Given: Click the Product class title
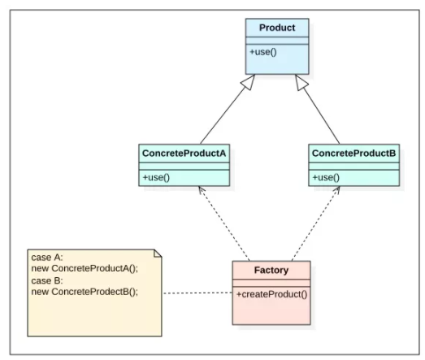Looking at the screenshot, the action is click(x=277, y=28).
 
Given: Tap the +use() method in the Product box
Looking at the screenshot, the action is click(x=263, y=52).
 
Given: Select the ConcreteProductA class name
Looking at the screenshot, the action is click(x=184, y=154).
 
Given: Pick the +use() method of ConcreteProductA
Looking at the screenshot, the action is click(x=156, y=177).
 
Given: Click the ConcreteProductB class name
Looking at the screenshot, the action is click(x=353, y=154).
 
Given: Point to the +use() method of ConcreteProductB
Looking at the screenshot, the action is click(x=326, y=177).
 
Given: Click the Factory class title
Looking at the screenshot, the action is click(x=271, y=271).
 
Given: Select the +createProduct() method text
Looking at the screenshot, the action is click(x=272, y=294).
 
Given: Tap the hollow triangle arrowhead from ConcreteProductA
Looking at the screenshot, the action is click(x=249, y=82).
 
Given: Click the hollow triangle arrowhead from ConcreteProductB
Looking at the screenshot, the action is click(x=301, y=82).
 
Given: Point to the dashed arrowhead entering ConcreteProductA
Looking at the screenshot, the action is click(x=201, y=189).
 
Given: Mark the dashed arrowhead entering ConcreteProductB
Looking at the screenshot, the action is click(x=336, y=190).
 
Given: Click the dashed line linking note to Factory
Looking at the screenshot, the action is click(x=197, y=293).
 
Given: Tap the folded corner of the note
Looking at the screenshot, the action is click(x=158, y=253).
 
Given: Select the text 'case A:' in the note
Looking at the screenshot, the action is click(x=47, y=258).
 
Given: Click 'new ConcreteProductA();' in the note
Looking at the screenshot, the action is click(x=85, y=268).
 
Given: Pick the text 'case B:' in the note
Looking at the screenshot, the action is click(x=47, y=280).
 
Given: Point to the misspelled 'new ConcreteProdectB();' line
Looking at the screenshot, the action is click(x=85, y=292).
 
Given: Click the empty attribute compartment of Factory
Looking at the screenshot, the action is click(x=271, y=283).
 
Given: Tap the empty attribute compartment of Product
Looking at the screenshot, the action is click(x=277, y=41).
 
